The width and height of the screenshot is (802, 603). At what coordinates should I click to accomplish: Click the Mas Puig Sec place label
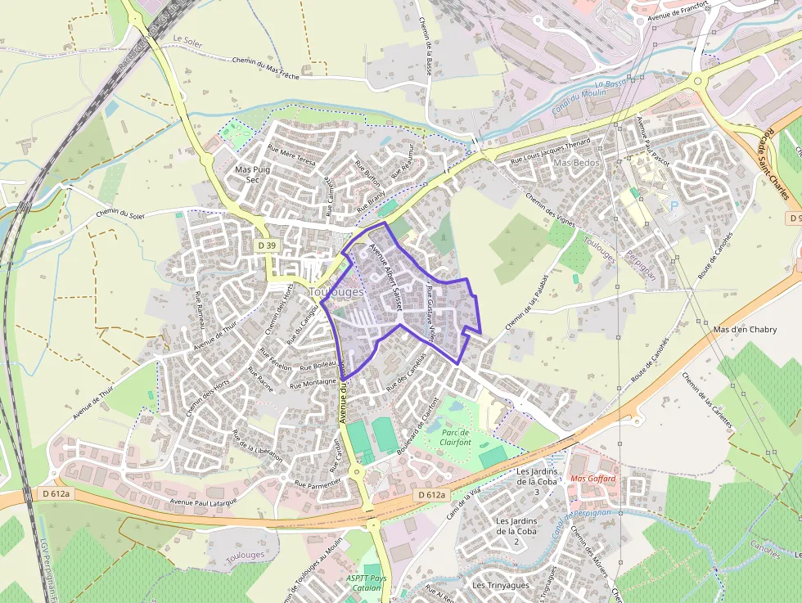[252, 174]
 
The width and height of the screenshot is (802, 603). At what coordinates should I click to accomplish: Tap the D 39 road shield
[267, 245]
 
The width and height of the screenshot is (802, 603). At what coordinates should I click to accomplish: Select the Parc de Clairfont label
[456, 437]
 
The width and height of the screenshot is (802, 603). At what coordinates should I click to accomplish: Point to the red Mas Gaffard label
[592, 479]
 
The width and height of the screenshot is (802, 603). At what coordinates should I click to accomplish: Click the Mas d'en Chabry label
[745, 330]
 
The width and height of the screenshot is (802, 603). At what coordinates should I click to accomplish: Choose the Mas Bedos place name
[577, 163]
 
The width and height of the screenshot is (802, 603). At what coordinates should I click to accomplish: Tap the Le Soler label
[187, 38]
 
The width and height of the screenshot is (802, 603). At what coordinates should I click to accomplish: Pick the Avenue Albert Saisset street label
[386, 270]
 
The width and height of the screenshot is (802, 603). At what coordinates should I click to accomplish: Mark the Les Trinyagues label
[501, 586]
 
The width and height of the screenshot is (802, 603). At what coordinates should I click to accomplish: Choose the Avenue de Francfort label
[676, 11]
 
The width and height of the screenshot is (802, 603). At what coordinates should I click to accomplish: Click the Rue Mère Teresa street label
[291, 156]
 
